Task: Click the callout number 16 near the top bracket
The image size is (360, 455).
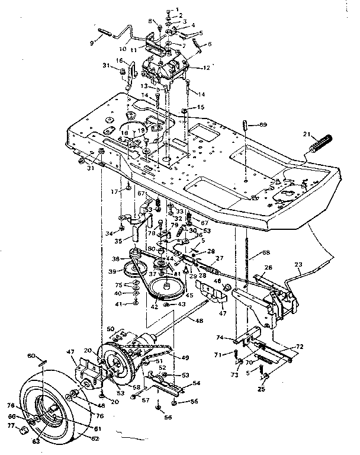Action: [x=118, y=60]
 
